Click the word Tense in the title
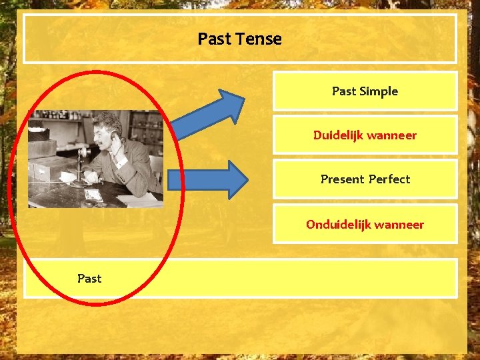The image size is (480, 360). tap(263, 39)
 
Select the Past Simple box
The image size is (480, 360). tap(365, 91)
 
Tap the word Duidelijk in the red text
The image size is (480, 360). tap(339, 135)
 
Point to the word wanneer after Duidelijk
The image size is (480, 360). tap(391, 135)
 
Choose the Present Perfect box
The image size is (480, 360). tap(365, 179)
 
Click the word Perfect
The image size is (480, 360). tap(389, 179)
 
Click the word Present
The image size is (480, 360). tap(342, 179)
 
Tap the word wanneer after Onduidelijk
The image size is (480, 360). tap(399, 225)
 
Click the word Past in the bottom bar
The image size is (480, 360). tap(89, 278)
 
